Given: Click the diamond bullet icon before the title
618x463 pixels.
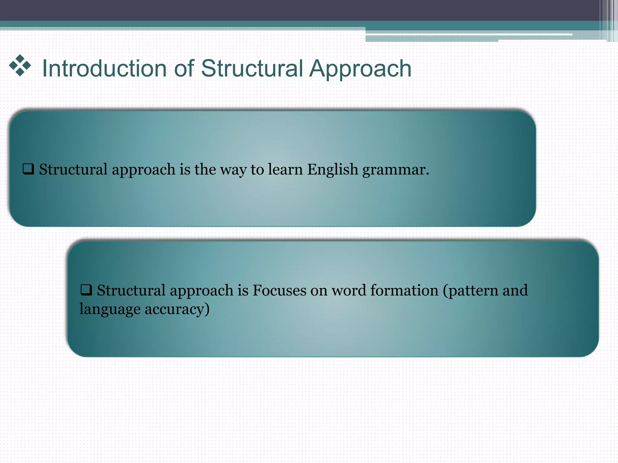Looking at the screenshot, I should [x=20, y=65].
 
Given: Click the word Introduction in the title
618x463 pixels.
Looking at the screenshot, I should [x=104, y=69].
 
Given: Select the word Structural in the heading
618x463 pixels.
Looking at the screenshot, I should [x=252, y=69].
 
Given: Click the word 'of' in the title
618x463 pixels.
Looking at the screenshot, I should [x=184, y=69].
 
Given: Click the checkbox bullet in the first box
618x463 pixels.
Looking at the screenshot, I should [x=28, y=169].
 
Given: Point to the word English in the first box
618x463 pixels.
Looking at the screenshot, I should [x=333, y=169].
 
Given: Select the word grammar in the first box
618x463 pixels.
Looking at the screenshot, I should [x=395, y=170].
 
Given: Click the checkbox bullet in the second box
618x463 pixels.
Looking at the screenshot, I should [x=86, y=290].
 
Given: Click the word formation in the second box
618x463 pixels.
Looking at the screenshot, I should [x=404, y=291].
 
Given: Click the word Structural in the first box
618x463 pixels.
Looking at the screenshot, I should [x=73, y=169].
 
